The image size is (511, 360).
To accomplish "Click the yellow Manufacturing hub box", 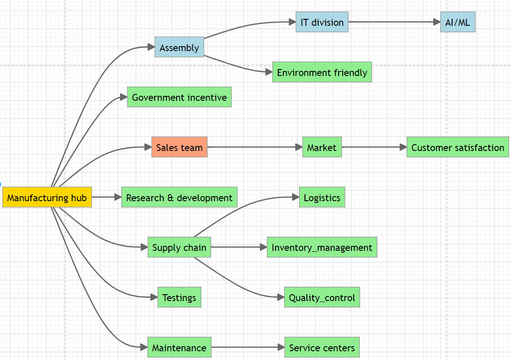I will point(47,197).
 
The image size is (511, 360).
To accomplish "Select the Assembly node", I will point(179,47).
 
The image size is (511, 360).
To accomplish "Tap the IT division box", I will point(322,22).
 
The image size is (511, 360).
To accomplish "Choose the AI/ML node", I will point(458,22).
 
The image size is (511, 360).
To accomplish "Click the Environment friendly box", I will point(322,72).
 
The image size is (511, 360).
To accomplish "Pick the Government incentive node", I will point(179,97).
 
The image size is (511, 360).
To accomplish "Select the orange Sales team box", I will point(179,147).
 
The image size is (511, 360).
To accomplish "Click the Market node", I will point(322,147).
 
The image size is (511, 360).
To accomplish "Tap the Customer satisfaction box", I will point(458,147).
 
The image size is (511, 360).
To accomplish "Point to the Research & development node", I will point(179,197).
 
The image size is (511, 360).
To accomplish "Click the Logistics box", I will point(322,197).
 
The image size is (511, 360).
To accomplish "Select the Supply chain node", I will point(179,247).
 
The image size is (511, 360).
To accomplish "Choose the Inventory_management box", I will point(322,247).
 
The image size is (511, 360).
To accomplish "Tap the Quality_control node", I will point(322,297).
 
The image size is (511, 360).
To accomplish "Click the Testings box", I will point(179,297).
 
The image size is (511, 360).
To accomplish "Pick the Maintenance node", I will point(179,348).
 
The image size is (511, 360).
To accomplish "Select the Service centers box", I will point(322,348).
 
